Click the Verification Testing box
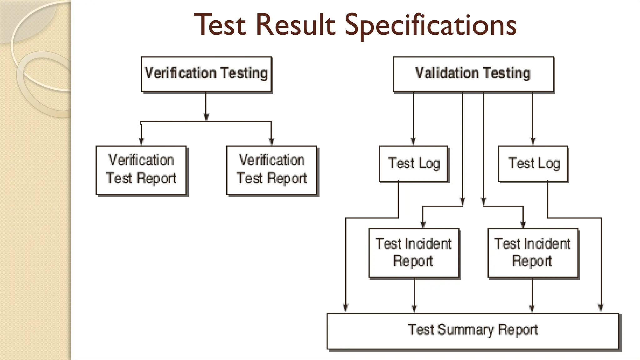[x=206, y=74]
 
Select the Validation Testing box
[x=473, y=74]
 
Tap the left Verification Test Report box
[x=141, y=170]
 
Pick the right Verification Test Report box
[x=272, y=170]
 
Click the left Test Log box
[x=413, y=163]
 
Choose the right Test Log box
[x=533, y=163]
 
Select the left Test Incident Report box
[x=414, y=252]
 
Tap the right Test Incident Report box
[x=533, y=252]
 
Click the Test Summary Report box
[x=473, y=331]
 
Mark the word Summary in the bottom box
[x=465, y=330]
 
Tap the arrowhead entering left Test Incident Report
[x=423, y=224]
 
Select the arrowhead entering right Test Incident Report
[x=523, y=224]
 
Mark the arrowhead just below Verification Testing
[x=206, y=117]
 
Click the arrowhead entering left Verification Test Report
[x=141, y=141]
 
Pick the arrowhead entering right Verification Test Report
[x=271, y=141]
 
